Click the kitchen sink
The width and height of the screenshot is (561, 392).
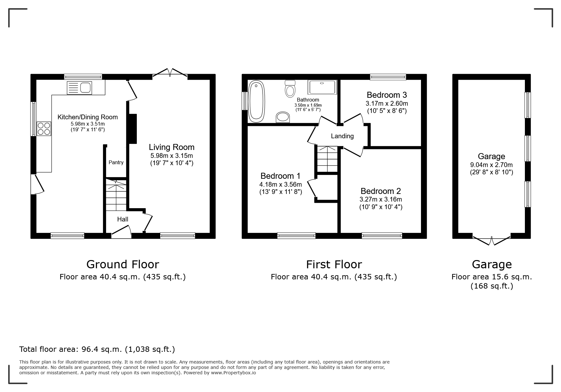[79, 88]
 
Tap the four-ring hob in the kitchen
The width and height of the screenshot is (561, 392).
[44, 129]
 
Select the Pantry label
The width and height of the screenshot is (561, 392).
[116, 162]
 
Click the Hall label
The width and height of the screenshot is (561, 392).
[123, 219]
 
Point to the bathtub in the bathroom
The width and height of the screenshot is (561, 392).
[256, 102]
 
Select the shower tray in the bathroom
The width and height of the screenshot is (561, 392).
[322, 87]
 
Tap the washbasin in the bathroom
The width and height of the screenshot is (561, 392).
[283, 117]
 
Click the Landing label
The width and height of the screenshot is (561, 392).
[342, 136]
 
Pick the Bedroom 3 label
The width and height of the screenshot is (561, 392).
[386, 95]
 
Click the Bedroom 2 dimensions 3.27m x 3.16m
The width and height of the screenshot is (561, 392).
[380, 199]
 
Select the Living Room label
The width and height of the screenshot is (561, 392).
[172, 147]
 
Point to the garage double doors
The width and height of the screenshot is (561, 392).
[492, 240]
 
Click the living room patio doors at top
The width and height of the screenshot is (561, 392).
[170, 72]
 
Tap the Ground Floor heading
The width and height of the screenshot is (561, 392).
[123, 264]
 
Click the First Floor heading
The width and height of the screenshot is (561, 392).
[334, 264]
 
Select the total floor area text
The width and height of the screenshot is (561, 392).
[97, 349]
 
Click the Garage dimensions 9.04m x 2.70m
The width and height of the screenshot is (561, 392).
[491, 165]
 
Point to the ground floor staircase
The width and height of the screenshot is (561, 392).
[116, 195]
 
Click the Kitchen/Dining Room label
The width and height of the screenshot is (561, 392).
[87, 117]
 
